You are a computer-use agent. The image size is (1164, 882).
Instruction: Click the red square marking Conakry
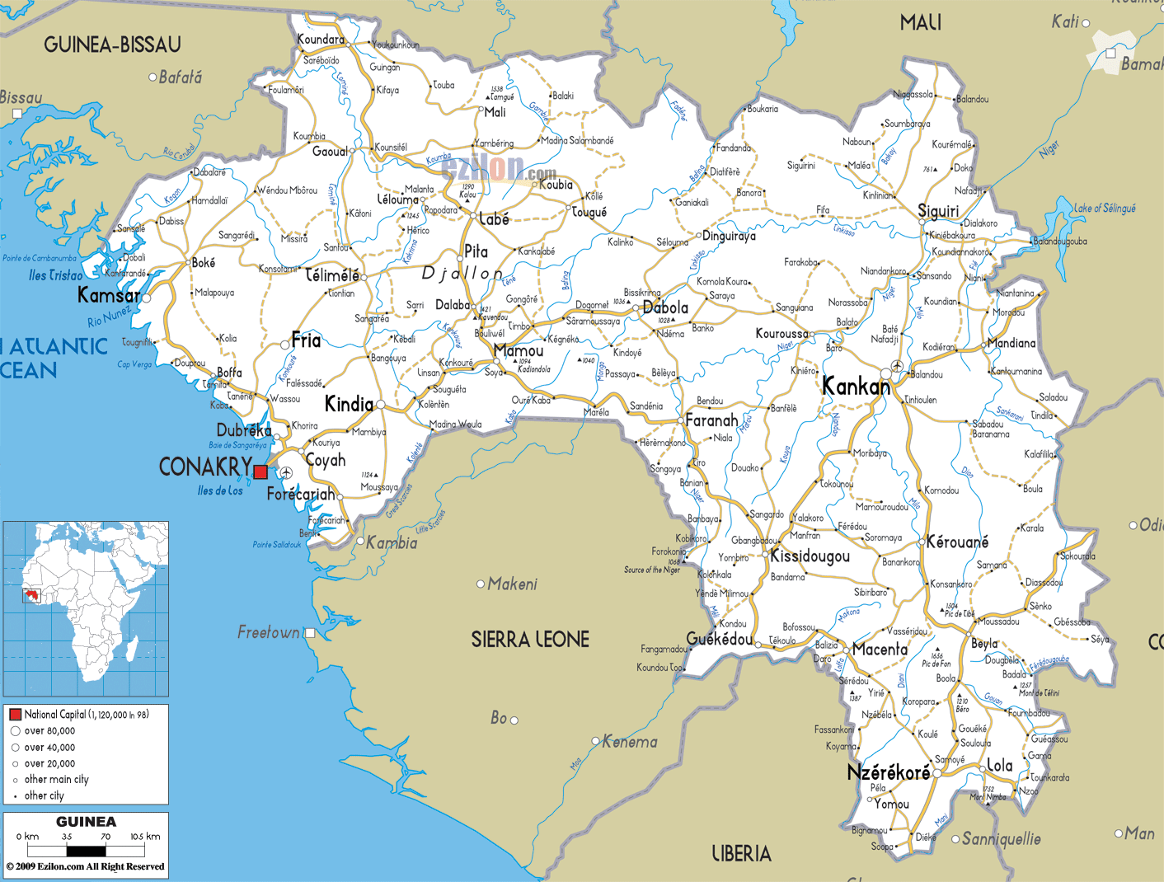point(260,471)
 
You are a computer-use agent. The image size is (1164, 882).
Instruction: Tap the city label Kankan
point(856,386)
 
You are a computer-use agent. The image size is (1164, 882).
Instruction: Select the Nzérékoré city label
point(888,772)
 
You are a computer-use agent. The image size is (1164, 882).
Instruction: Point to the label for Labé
point(494,219)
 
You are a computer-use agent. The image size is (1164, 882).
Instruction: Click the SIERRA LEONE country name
point(530,639)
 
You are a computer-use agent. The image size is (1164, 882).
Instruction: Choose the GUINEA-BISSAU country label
point(112,45)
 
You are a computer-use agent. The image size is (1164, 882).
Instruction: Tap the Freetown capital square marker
point(310,633)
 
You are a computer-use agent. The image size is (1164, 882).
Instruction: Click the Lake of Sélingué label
point(1105,209)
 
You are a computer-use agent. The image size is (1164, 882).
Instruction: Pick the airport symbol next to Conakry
point(286,472)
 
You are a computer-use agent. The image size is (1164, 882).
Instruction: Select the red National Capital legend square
point(15,715)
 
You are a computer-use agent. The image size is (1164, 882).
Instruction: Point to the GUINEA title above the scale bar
point(86,822)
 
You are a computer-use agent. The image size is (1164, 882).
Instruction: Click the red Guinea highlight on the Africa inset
point(33,595)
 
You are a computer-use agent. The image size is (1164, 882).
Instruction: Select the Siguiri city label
point(938,211)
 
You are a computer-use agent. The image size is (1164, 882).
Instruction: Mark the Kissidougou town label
point(810,556)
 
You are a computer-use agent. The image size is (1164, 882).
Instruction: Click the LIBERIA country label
point(741,854)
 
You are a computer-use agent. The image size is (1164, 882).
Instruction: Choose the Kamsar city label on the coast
point(108,295)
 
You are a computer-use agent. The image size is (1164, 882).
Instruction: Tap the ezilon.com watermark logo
point(499,169)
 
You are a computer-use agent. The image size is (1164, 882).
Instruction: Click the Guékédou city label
point(719,640)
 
